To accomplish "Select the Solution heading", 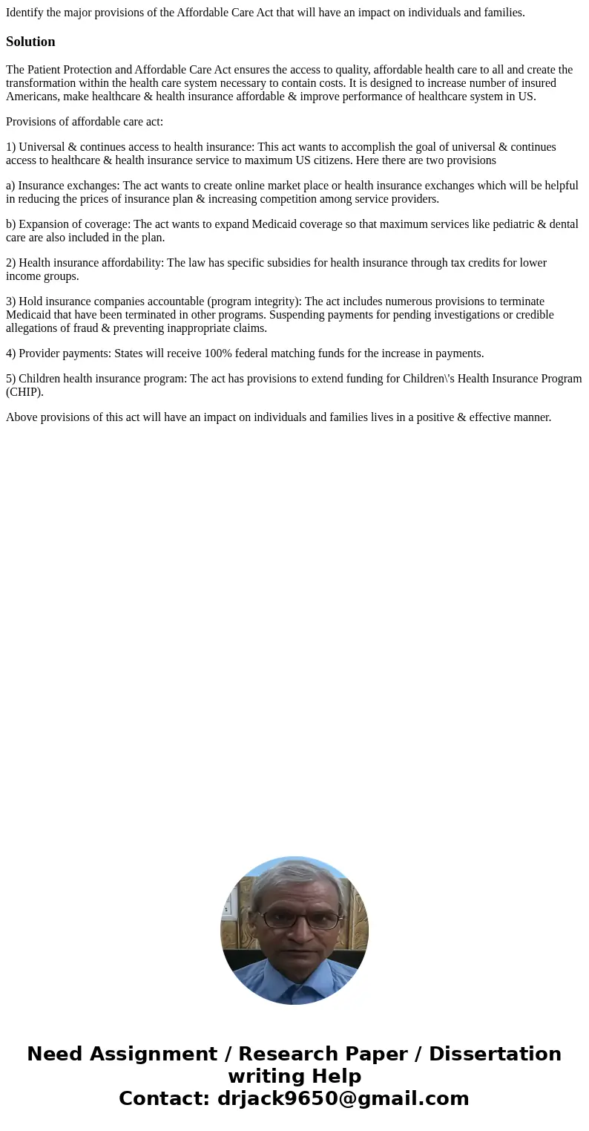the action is pos(30,42).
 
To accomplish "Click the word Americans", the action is pos(31,97).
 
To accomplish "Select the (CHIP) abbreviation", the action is pos(24,392).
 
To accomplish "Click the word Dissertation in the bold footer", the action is pos(495,1054).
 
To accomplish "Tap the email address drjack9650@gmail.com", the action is pos(343,1098).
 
